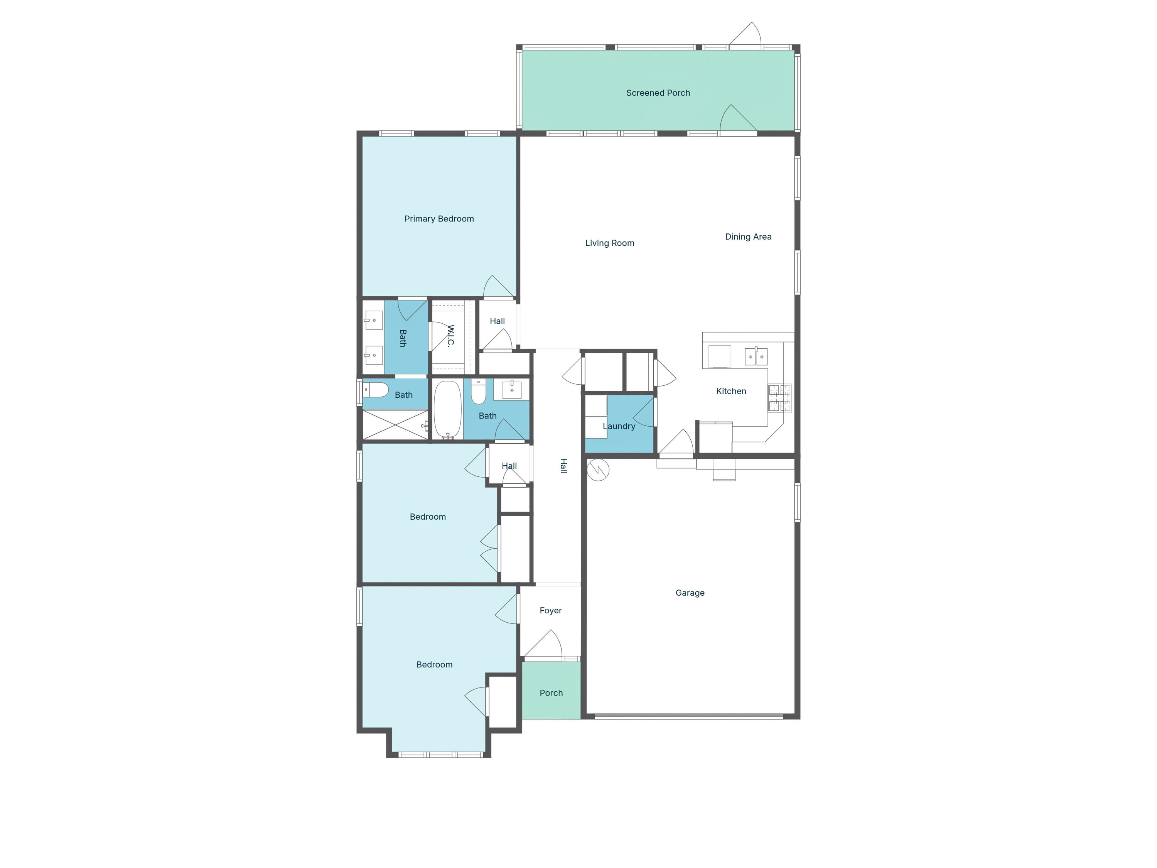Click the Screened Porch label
coord(658,93)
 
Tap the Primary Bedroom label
coord(439,219)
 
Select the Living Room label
coord(609,243)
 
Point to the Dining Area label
coord(748,236)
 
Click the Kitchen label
coord(731,391)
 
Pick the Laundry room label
coord(619,426)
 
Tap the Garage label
coord(690,593)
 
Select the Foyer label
coord(550,611)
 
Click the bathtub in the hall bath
coord(448,410)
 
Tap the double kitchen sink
coord(756,356)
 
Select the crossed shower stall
coord(395,425)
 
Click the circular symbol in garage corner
coord(598,470)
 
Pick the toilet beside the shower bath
coord(376,390)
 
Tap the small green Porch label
coord(551,693)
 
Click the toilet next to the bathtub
coord(478,392)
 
